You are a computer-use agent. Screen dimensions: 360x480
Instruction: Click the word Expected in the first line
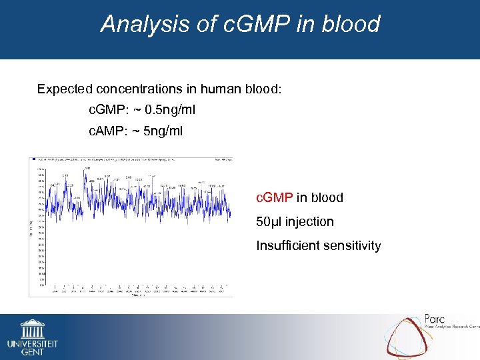(x=65, y=89)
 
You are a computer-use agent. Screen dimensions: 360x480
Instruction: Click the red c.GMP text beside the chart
(x=275, y=197)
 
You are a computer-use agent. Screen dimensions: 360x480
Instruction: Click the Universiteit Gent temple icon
(x=32, y=329)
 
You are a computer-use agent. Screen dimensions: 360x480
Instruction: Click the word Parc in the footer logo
(x=437, y=320)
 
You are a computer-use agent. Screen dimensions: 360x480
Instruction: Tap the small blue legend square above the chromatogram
(x=32, y=160)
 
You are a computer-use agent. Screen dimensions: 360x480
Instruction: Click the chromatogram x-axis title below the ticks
(x=137, y=295)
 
